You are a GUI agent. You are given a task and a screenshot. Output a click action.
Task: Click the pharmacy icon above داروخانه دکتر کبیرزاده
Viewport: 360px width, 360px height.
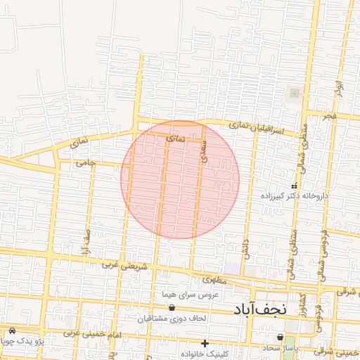click(x=294, y=185)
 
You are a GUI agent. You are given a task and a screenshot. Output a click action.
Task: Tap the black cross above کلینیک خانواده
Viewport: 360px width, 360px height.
click(x=205, y=343)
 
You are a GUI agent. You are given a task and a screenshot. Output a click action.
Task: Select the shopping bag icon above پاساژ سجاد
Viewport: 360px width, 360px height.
click(x=281, y=338)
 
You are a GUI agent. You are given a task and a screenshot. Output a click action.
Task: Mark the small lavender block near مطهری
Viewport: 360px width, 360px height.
click(x=232, y=269)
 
